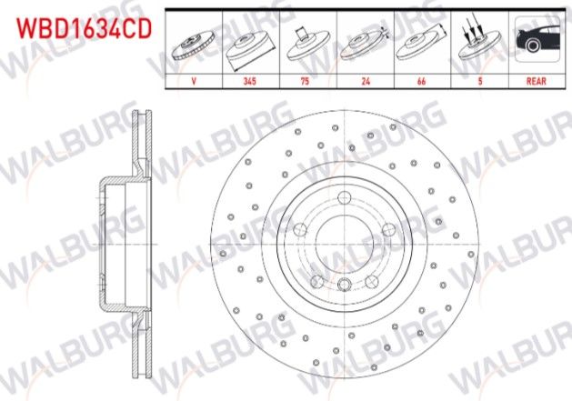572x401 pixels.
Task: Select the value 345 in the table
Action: (x=249, y=80)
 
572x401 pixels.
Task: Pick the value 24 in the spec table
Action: (x=366, y=80)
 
